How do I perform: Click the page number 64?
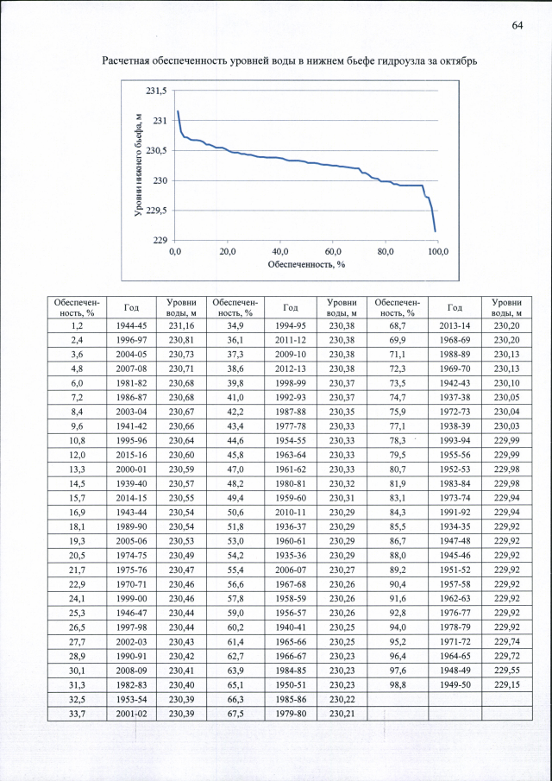click(517, 25)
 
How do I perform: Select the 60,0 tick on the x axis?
click(333, 251)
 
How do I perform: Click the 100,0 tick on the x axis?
click(438, 251)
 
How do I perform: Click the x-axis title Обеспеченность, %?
click(306, 264)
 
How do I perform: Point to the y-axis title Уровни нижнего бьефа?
click(138, 165)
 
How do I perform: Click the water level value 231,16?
click(182, 325)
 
